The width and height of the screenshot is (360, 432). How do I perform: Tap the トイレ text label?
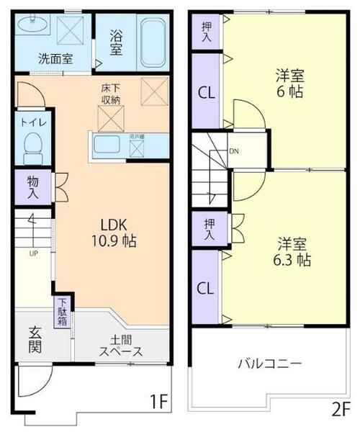tap(34, 122)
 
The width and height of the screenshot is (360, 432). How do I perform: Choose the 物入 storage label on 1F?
tap(34, 186)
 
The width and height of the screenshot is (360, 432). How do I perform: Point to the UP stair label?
tap(34, 253)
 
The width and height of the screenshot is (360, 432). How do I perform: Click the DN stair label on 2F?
tap(234, 151)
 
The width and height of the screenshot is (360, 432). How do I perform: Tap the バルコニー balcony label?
tap(270, 364)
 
